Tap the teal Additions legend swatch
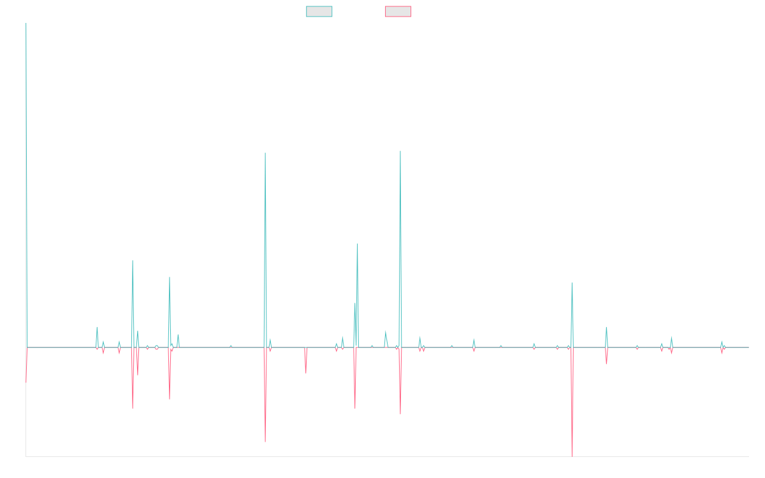click(x=319, y=11)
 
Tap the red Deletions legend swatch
click(x=398, y=11)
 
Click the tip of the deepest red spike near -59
click(x=572, y=456)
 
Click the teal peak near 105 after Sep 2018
click(x=265, y=153)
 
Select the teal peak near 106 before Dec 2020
click(x=400, y=151)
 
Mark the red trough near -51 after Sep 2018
click(x=265, y=441)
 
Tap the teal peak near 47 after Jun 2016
click(x=133, y=261)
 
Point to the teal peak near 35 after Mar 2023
click(x=572, y=283)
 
